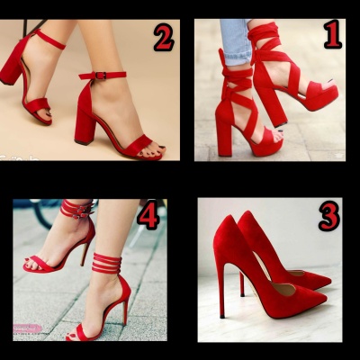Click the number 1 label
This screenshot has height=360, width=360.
click(333, 38)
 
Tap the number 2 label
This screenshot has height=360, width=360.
click(164, 38)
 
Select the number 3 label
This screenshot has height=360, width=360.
click(329, 216)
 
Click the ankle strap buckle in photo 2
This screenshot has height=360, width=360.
click(102, 76)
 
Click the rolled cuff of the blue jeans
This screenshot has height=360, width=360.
click(237, 56)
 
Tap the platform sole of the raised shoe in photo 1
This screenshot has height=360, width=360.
click(320, 100)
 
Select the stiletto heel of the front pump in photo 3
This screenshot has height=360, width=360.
click(222, 291)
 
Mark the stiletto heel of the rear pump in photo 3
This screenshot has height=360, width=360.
click(242, 284)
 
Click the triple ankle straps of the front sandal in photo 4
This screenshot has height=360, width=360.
click(106, 264)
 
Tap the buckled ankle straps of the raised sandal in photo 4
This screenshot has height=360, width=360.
click(76, 209)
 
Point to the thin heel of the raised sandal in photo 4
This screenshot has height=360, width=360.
click(85, 251)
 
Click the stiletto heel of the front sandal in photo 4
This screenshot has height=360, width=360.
click(126, 312)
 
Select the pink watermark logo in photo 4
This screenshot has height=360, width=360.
click(27, 328)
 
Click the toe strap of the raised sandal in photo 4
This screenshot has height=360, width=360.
click(39, 265)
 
